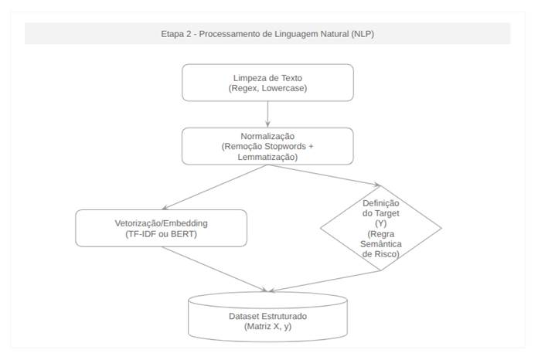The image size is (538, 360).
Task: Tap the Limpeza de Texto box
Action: (x=267, y=83)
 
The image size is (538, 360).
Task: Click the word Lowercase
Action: (x=284, y=88)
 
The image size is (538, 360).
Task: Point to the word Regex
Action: (x=243, y=89)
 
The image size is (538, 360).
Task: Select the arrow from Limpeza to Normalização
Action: (x=267, y=114)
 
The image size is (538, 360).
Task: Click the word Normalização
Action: (x=267, y=137)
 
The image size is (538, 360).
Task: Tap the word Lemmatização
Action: (x=267, y=157)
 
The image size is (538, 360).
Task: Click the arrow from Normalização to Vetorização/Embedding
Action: (x=215, y=187)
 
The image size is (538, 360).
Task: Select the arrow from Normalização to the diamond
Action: (x=325, y=175)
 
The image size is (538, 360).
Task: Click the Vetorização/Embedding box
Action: (x=162, y=229)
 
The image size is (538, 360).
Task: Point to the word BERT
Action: (x=183, y=234)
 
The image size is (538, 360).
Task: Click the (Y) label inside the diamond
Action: (x=381, y=223)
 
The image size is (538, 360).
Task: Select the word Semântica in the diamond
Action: (x=381, y=244)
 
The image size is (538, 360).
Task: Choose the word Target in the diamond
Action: (x=387, y=213)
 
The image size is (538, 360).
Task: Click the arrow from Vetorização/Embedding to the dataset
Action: (x=214, y=269)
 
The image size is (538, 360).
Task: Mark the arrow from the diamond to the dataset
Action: (x=325, y=281)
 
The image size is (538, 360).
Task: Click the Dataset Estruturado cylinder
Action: (x=267, y=317)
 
